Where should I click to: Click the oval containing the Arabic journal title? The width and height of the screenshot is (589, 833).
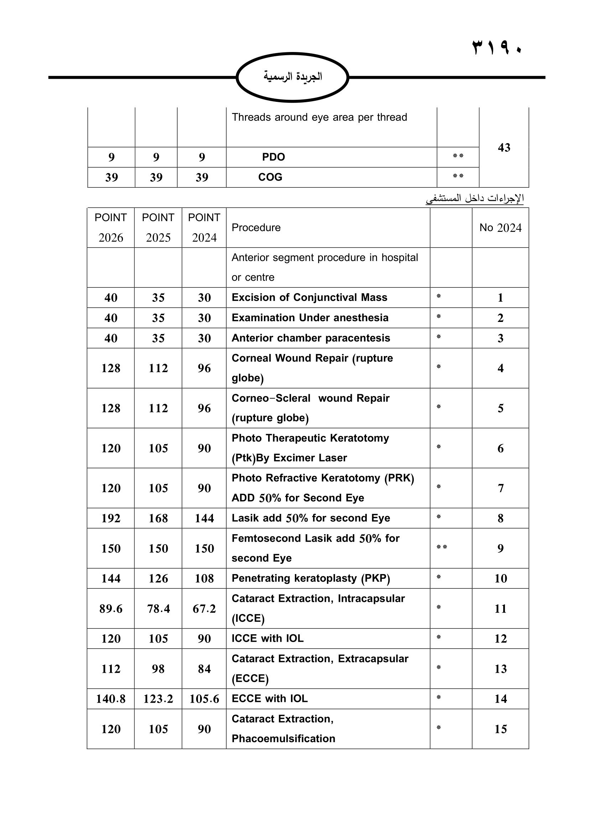(292, 77)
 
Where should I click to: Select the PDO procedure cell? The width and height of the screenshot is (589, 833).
(273, 157)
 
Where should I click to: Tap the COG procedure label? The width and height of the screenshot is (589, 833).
(270, 177)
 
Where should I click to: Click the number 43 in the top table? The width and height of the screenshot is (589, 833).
(504, 147)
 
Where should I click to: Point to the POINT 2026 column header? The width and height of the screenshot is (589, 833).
(111, 228)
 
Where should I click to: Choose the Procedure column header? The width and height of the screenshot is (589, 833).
(256, 228)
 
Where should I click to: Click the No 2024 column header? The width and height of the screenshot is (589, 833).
(500, 228)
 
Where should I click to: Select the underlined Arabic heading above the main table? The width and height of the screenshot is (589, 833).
(474, 198)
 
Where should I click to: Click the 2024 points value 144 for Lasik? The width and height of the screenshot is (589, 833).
(204, 518)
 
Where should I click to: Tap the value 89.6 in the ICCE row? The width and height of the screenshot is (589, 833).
(111, 608)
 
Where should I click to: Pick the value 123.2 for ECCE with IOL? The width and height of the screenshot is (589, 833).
(158, 698)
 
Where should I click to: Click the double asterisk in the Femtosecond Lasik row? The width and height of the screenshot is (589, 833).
(441, 547)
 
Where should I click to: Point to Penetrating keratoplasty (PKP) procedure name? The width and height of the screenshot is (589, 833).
(311, 578)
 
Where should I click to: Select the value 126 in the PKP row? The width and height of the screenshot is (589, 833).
(158, 578)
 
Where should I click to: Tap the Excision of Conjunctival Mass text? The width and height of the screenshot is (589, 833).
(309, 297)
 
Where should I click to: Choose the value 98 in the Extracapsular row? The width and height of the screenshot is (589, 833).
(158, 669)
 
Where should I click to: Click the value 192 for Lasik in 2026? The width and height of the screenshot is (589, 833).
(111, 518)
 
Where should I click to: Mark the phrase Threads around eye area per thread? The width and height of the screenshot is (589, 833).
(319, 117)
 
